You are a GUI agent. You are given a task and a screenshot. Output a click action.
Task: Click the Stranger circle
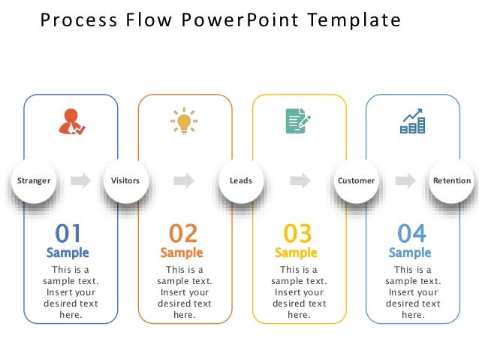coord(34,180)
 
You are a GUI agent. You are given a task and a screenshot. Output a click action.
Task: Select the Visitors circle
coord(125,180)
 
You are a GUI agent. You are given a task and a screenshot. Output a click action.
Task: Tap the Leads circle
coord(241,180)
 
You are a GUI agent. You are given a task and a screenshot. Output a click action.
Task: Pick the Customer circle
coord(356,180)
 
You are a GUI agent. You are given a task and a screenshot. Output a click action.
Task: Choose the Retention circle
coord(452,180)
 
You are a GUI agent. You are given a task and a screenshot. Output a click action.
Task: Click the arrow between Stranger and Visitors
coord(80,180)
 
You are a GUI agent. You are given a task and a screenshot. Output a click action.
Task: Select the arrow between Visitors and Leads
coord(183,180)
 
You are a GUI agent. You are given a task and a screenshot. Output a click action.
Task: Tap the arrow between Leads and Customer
coord(300,180)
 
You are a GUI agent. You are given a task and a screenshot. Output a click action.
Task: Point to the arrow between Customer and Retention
coord(405,180)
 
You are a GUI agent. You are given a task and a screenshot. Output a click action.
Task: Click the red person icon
coord(71,122)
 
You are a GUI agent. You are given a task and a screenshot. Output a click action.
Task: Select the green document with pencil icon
coord(297,121)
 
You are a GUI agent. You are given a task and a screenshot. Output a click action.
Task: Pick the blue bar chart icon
coord(412,122)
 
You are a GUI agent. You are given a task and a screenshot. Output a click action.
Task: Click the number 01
coord(68,233)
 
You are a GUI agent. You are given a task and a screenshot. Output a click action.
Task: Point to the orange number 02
coord(182,233)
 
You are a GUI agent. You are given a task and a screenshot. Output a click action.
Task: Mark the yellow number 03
coord(297,233)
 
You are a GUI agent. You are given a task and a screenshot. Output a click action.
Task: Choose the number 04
coord(411,233)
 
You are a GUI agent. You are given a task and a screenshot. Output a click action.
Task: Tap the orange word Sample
coord(182,253)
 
